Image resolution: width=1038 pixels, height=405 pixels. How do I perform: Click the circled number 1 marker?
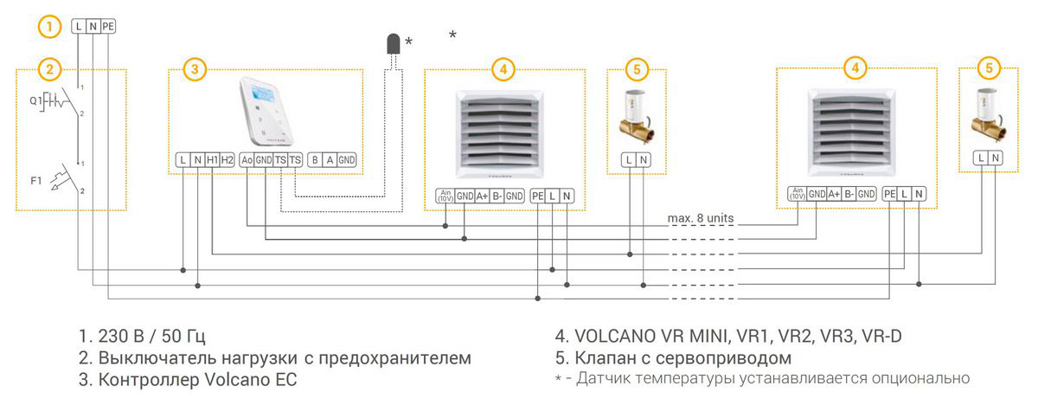pos(50,27)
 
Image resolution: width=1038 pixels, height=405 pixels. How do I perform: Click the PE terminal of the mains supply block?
pos(107,27)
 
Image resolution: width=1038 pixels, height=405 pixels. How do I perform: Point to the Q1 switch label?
pos(35,100)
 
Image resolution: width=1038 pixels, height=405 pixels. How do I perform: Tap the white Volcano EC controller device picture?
pos(266,112)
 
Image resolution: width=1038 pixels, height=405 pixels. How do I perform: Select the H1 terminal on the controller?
pos(212,159)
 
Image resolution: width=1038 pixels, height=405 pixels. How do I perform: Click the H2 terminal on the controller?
pos(227,159)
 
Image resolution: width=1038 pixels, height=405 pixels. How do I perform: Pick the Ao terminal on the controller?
pos(247,159)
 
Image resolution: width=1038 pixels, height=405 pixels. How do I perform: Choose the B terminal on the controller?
pos(315,159)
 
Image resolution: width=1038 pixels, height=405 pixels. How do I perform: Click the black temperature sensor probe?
pos(393,46)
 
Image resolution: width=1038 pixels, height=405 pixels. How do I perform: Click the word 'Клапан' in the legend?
pos(603,357)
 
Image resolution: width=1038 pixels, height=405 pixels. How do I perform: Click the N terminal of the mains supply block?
pos(93,27)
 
